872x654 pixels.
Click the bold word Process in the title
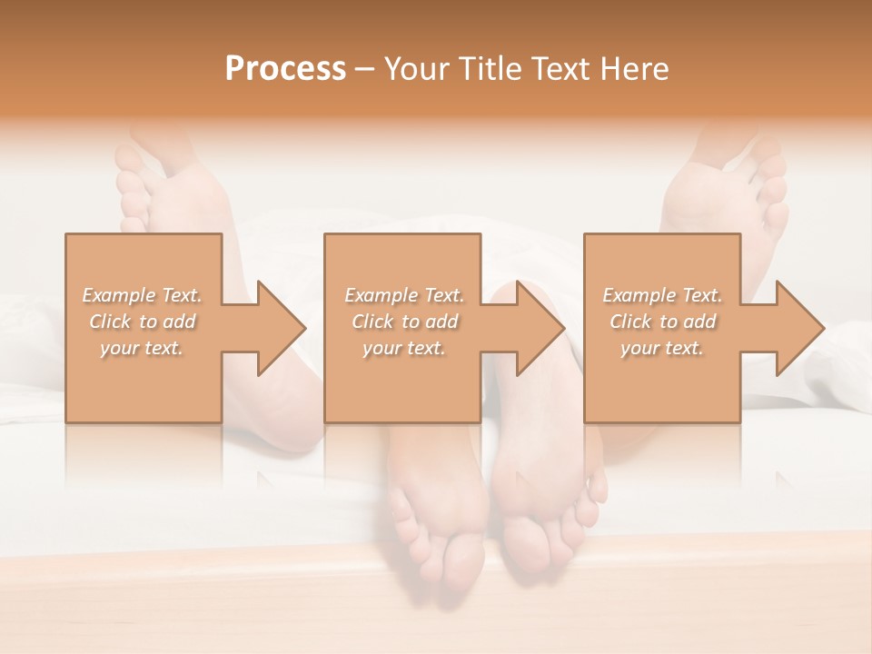pos(285,69)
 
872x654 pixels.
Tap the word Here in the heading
pos(635,69)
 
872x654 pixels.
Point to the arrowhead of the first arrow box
pos(282,328)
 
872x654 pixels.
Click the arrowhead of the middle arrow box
pos(540,328)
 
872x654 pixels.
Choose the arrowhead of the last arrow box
pos(800,328)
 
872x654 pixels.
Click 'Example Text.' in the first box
pos(142,295)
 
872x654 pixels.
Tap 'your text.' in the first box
pos(142,348)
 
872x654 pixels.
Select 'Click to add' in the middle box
pos(404,322)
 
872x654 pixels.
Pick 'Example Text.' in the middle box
pos(404,295)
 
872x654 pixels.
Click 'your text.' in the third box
pos(662,348)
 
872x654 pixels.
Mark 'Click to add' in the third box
pos(662,322)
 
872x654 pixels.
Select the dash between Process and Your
pos(365,69)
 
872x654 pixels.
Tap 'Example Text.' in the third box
pos(662,295)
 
